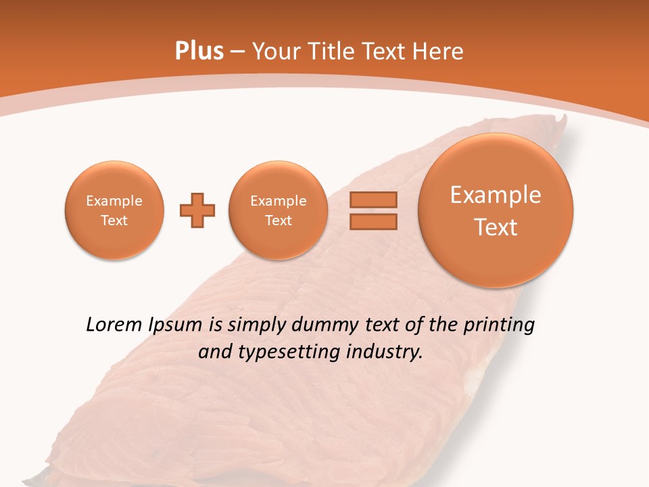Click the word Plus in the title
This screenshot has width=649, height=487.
click(199, 51)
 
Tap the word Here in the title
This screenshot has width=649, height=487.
click(438, 51)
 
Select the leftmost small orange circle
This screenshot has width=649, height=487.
click(114, 210)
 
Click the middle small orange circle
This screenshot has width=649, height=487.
click(279, 210)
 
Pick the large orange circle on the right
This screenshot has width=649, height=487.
click(496, 210)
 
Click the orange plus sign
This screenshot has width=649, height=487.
click(197, 210)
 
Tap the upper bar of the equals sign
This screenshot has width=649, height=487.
click(373, 200)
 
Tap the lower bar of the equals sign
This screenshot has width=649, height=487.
click(373, 221)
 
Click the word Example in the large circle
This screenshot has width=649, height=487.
click(496, 195)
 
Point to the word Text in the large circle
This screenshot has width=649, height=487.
click(496, 227)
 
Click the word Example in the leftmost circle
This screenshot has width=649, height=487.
click(114, 201)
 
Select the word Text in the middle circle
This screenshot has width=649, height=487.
click(279, 221)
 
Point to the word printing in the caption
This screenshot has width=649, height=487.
click(498, 325)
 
